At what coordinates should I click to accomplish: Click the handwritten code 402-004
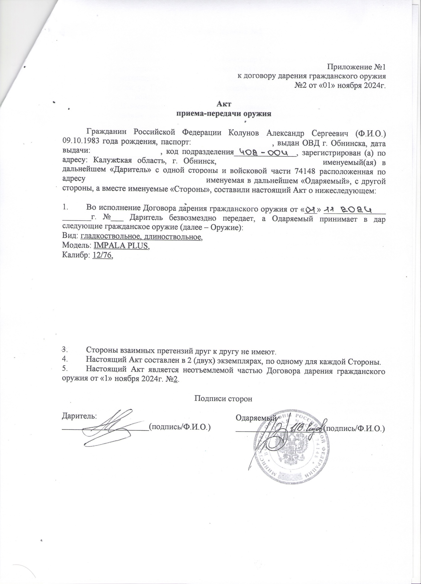click(265, 152)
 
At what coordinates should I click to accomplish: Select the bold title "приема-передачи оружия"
click(223, 113)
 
